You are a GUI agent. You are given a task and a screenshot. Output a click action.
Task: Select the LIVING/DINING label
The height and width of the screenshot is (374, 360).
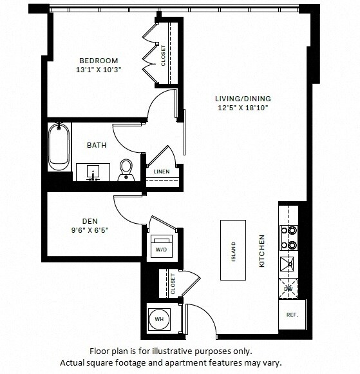coord(243,99)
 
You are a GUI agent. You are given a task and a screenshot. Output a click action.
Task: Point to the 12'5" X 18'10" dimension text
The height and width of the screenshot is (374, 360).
coord(243,108)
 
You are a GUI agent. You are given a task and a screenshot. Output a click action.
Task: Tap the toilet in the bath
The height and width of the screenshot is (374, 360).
coord(126,168)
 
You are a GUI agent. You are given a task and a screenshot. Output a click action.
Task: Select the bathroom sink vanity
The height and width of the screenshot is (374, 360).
coord(93,172)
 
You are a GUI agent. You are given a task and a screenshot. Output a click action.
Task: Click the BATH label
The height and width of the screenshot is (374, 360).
coord(97,145)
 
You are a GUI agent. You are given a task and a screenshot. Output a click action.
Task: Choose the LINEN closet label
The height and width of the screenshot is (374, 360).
coord(161,172)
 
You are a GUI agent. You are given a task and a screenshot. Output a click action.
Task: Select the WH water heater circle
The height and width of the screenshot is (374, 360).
coord(158,318)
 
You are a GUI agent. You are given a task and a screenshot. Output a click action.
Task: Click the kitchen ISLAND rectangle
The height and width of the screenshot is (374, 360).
coord(234,250)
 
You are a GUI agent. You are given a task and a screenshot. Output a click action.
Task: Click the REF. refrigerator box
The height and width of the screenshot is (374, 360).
coord(292,316)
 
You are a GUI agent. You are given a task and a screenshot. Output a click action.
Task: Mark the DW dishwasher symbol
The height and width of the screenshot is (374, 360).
coord(288,288)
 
